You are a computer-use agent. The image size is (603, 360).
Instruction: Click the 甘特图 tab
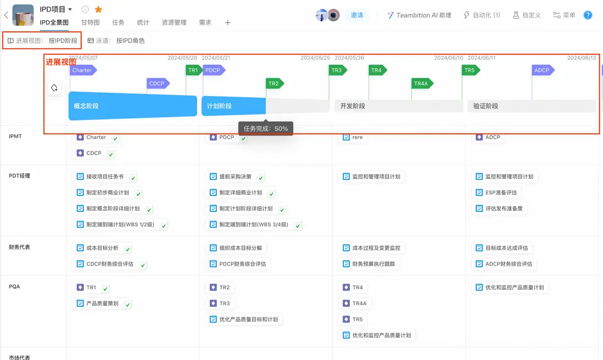click(91, 22)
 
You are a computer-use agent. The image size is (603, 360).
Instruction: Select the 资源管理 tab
click(174, 22)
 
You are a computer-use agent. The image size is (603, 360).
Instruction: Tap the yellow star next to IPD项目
click(98, 9)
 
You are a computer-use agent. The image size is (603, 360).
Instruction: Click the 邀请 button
click(357, 15)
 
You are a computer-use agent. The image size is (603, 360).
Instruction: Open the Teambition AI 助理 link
click(419, 15)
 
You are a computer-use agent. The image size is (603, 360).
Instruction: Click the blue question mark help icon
click(588, 15)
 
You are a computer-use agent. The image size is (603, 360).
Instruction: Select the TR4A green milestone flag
click(422, 83)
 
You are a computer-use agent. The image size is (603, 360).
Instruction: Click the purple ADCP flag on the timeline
click(543, 70)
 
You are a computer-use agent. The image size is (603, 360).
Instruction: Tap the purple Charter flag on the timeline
click(83, 70)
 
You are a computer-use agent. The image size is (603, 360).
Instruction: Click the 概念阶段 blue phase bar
click(133, 106)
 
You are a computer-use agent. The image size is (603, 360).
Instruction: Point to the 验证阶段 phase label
click(485, 106)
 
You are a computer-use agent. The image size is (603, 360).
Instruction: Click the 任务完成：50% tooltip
click(266, 128)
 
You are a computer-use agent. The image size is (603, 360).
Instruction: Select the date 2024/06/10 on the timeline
click(448, 58)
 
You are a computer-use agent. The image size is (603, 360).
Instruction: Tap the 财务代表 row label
click(19, 247)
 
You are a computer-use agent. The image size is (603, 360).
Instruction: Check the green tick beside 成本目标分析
click(127, 249)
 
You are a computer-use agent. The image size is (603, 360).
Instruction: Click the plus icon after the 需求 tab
click(228, 22)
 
